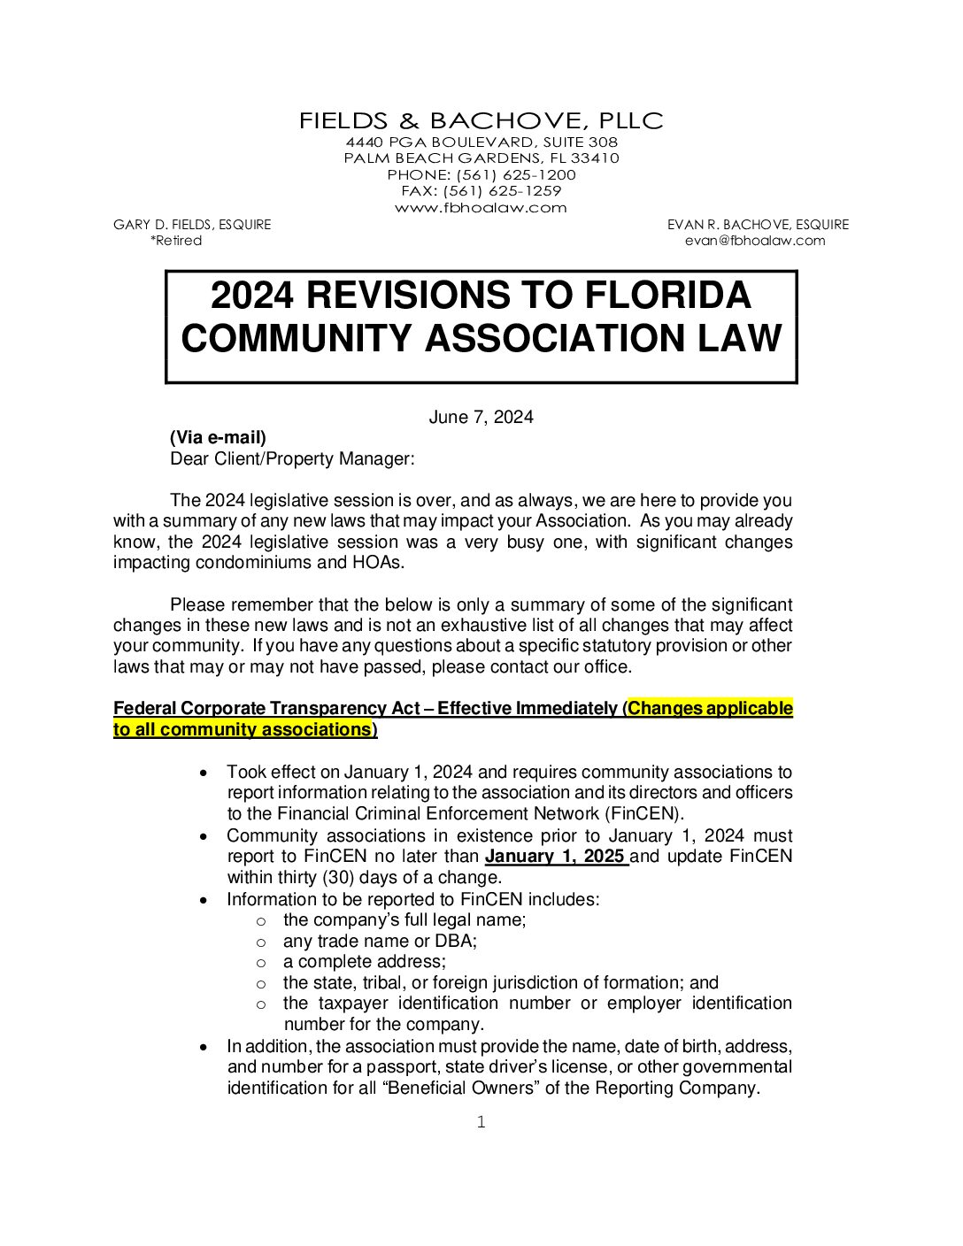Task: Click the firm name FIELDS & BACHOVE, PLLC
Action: click(x=481, y=121)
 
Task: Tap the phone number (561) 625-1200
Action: click(x=516, y=175)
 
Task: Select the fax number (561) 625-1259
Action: click(x=502, y=191)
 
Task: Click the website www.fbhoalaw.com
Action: click(x=481, y=208)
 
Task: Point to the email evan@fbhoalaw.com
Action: click(x=755, y=241)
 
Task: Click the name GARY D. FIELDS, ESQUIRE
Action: click(x=192, y=225)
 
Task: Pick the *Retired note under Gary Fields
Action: click(x=176, y=241)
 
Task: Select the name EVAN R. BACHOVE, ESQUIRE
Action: click(x=758, y=225)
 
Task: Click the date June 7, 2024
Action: click(x=481, y=418)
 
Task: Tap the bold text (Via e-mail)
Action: click(x=218, y=438)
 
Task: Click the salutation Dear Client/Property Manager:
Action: click(x=292, y=459)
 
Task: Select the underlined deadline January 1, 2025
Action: click(x=555, y=857)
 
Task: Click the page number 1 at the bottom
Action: click(x=481, y=1122)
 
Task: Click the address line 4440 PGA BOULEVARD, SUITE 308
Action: click(x=481, y=142)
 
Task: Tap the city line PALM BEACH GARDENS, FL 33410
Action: click(x=481, y=158)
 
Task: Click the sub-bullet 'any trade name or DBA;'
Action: click(x=380, y=942)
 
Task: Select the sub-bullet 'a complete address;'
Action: click(x=365, y=962)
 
